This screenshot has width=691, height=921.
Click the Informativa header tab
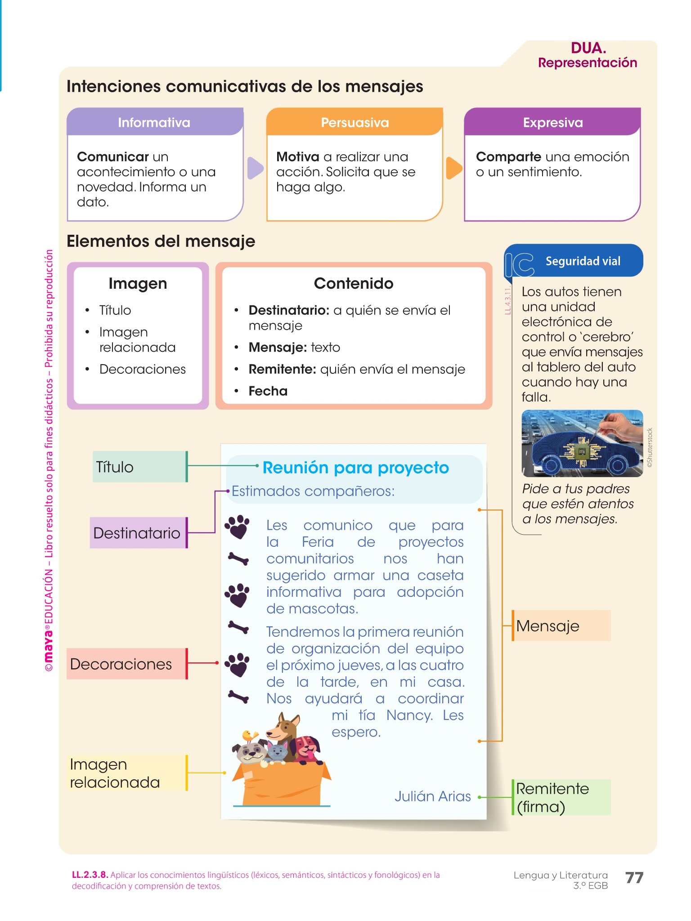click(154, 122)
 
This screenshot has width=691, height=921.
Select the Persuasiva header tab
click(354, 122)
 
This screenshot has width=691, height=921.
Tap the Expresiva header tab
click(552, 122)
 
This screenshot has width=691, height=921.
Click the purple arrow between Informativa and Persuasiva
click(255, 168)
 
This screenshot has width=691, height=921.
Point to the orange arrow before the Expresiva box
click(453, 168)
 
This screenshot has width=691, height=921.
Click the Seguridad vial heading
click(583, 261)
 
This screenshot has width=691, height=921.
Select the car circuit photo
click(582, 443)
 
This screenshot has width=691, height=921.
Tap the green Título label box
click(139, 467)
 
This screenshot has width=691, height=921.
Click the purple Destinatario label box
click(138, 533)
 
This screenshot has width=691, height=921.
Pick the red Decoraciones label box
click(126, 664)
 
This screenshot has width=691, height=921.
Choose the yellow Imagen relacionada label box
click(127, 773)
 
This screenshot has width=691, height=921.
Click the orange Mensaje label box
click(561, 626)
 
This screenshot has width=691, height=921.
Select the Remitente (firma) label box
click(561, 797)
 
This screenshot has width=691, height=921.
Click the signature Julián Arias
click(432, 796)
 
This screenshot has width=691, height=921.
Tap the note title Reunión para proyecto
click(355, 468)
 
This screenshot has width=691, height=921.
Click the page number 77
click(634, 877)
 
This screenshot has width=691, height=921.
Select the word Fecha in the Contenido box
click(268, 391)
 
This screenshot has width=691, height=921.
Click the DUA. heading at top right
click(588, 48)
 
